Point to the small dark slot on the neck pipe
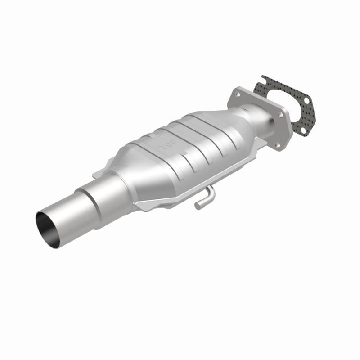[x=245, y=108]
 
